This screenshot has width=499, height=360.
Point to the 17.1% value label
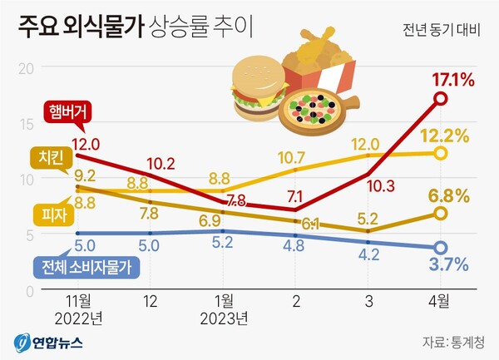click(452, 81)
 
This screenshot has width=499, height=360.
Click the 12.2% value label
click(452, 136)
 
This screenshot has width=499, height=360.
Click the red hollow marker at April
click(441, 99)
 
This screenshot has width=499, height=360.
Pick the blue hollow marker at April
click(441, 247)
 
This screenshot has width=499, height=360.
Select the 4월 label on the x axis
click(441, 299)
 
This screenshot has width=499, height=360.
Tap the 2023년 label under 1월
click(225, 317)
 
